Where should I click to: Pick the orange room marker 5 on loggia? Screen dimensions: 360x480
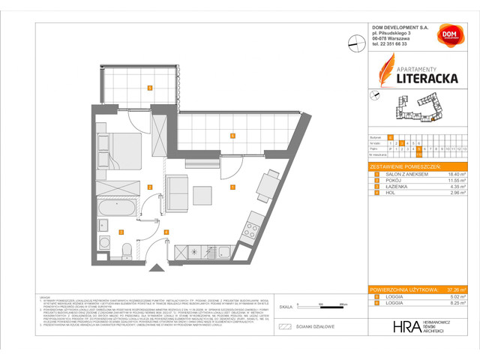pos(150,88)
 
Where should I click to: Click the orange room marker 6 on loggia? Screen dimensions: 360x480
pos(233,136)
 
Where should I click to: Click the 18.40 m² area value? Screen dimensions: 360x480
pos(455,172)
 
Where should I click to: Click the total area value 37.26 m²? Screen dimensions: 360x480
pos(455,289)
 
